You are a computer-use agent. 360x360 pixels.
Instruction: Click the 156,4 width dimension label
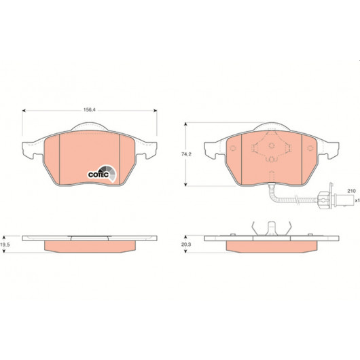(89, 110)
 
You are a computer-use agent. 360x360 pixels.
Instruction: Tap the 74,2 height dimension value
(186, 154)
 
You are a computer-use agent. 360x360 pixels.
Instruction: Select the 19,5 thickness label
(5, 245)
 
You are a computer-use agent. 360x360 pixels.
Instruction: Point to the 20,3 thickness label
(186, 245)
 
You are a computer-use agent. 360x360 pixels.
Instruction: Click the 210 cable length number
(351, 191)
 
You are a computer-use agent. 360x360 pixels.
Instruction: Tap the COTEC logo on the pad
(102, 174)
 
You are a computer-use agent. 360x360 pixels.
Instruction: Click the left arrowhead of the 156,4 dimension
(24, 111)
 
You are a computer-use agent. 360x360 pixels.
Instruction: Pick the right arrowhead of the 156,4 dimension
(156, 111)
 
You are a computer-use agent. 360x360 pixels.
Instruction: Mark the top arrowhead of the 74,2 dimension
(185, 124)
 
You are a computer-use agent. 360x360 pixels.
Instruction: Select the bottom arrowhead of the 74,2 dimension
(185, 184)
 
